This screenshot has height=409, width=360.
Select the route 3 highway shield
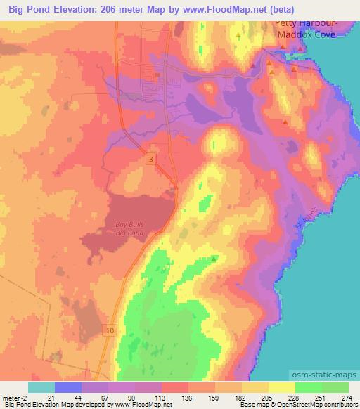[x=150, y=160]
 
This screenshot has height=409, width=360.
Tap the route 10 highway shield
[x=112, y=330]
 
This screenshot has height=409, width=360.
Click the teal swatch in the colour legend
[x=41, y=387]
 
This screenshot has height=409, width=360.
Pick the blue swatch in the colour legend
[x=68, y=387]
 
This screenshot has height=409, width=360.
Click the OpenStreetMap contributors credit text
[x=321, y=405]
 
